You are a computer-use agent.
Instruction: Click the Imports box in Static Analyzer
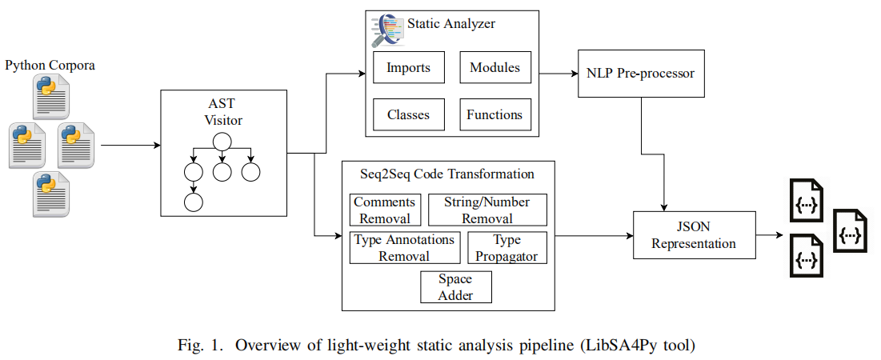point(408,67)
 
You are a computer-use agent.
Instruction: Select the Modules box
point(495,67)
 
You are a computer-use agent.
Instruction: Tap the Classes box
point(408,114)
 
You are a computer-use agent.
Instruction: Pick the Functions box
point(495,114)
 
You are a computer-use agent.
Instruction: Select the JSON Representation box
point(694,235)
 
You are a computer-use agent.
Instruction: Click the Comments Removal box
point(384,210)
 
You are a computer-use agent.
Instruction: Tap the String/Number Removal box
point(488,210)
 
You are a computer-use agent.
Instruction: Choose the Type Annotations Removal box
point(405,247)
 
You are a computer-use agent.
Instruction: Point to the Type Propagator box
point(507,247)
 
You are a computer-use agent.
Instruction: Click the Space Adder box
point(455,287)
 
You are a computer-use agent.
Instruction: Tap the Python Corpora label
point(50,66)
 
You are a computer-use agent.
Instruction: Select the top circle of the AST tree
point(222,142)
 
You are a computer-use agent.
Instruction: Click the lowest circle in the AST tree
point(192,201)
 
